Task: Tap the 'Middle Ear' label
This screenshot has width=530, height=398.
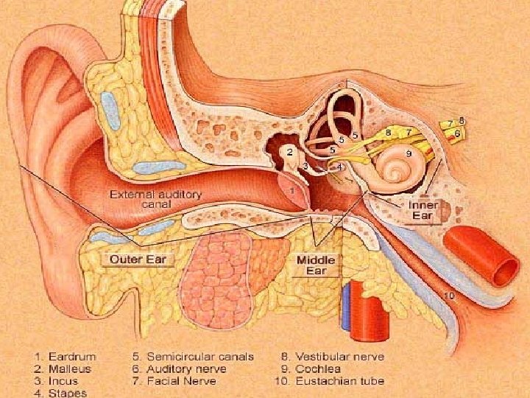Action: coord(317,265)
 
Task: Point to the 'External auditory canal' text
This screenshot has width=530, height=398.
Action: coord(155,198)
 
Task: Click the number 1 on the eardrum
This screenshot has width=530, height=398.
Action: coord(293,191)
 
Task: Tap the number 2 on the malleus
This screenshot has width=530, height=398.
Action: coord(291,152)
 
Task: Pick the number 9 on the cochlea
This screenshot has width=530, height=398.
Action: coord(408,154)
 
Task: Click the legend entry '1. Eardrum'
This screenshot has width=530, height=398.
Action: coord(65,357)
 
